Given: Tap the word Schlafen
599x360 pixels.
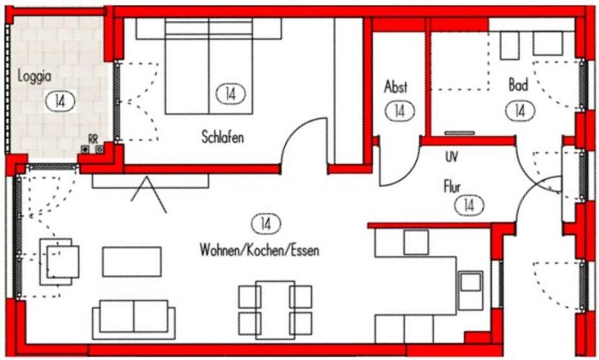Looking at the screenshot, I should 222,137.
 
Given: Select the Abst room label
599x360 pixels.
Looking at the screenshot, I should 396,87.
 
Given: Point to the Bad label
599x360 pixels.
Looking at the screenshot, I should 518,85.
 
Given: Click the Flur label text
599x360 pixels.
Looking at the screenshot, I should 451,187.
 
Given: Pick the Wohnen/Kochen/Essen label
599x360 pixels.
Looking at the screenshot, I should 259,250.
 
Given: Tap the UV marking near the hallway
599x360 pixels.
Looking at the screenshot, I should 451,156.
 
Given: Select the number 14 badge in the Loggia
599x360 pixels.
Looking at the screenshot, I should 60,101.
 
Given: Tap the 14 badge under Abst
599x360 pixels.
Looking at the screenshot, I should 399,111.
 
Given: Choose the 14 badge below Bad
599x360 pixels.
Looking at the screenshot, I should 519,110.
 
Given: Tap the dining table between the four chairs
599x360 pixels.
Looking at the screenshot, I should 275,309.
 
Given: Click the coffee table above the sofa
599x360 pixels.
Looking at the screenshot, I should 131,262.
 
